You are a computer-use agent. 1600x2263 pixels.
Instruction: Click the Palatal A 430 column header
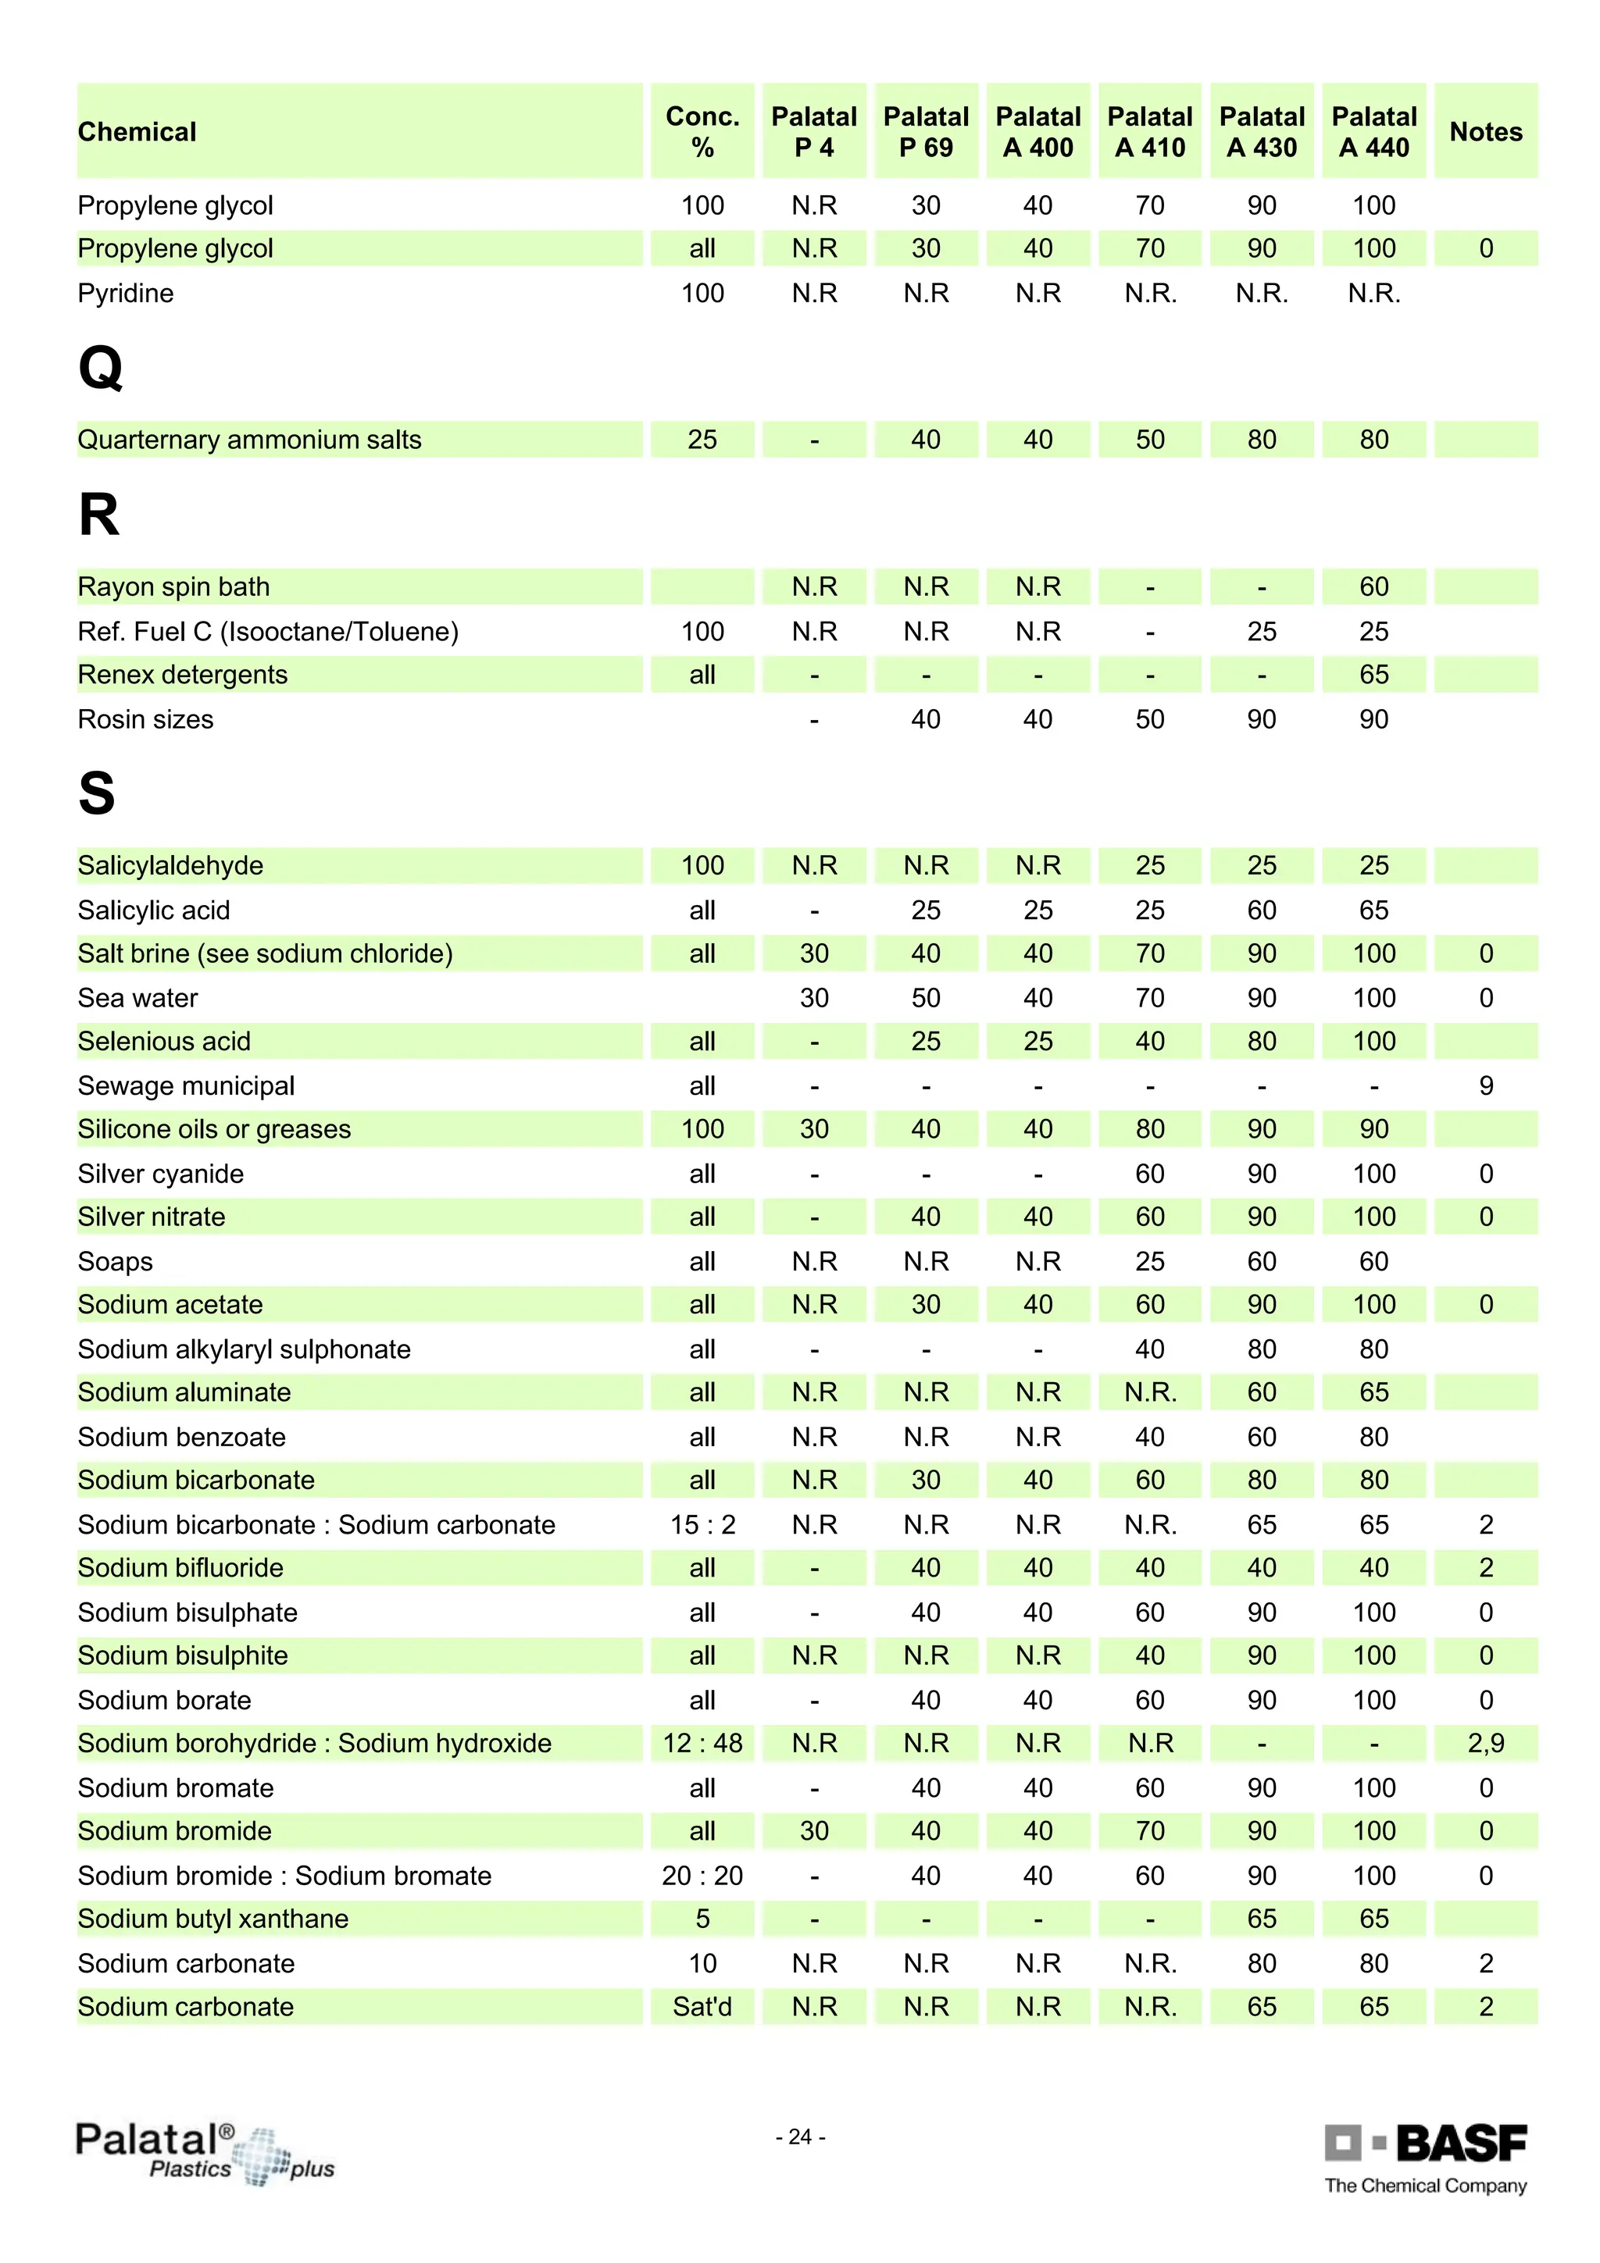tap(1261, 131)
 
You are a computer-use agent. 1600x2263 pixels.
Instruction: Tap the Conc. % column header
tap(702, 131)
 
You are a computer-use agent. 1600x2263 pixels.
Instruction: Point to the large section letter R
tap(98, 515)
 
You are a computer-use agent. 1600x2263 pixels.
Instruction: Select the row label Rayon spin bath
tap(173, 586)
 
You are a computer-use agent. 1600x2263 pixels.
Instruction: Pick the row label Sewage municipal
tap(185, 1085)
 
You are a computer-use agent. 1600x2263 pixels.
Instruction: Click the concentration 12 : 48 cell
tap(702, 1743)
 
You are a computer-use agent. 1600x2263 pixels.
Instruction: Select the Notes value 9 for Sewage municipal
tap(1486, 1085)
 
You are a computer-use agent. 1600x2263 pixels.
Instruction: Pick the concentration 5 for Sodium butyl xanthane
tap(702, 1918)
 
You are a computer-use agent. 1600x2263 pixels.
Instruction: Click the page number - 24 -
tap(799, 2136)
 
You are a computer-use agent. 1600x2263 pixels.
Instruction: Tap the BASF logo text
tap(1460, 2143)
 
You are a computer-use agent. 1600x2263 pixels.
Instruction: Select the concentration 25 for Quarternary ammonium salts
tap(702, 440)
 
